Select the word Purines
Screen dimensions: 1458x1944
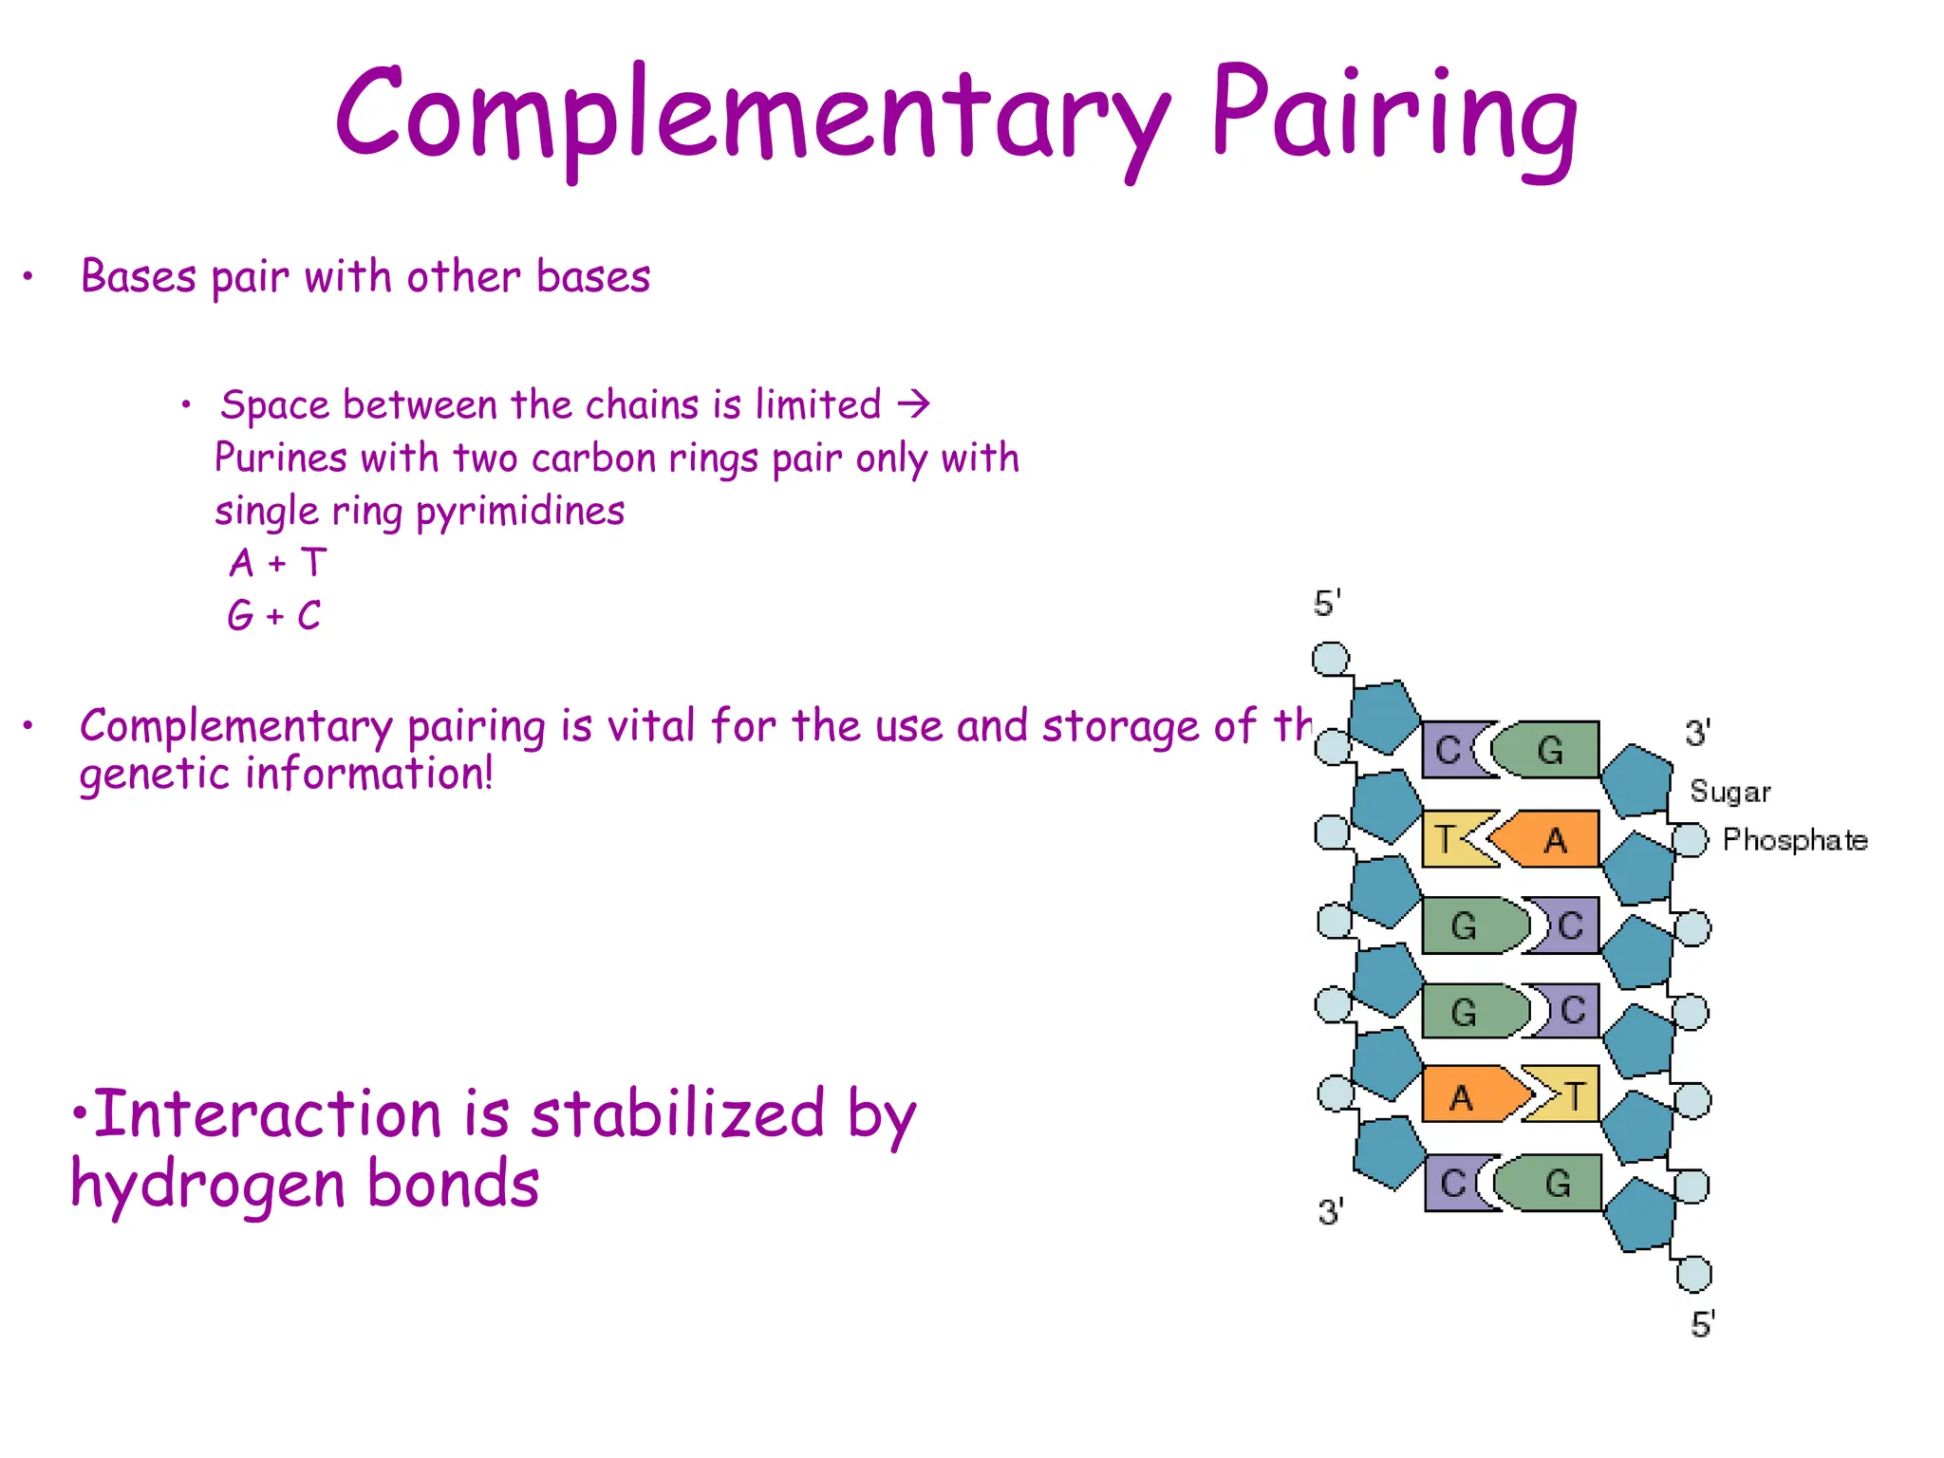click(280, 458)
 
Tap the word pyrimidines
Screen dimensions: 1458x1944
click(520, 512)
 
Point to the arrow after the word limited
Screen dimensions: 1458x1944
click(914, 405)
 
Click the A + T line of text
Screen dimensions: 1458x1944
click(278, 563)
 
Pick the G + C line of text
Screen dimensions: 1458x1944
click(274, 616)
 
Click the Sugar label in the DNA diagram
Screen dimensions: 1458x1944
click(1729, 792)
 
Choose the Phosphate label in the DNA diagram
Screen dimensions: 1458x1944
click(1794, 840)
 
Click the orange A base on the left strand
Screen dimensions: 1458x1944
click(1467, 1097)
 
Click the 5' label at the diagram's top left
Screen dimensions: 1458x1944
click(1326, 604)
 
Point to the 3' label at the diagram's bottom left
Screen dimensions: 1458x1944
click(1330, 1211)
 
